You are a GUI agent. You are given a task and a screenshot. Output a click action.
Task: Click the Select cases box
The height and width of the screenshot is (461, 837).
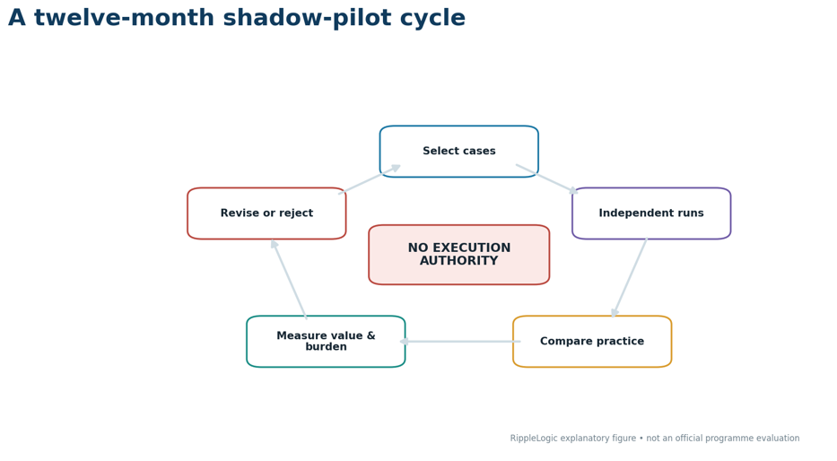click(459, 152)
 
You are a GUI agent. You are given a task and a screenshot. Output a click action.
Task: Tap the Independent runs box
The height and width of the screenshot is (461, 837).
click(651, 213)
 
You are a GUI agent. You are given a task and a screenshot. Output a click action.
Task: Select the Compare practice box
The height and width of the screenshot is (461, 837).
click(592, 342)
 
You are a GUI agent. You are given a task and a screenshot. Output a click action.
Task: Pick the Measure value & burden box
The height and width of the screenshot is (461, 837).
click(326, 342)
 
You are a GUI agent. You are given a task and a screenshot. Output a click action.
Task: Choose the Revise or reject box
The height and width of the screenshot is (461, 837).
click(266, 213)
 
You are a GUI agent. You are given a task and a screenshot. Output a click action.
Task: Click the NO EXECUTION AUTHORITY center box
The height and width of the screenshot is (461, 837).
click(459, 255)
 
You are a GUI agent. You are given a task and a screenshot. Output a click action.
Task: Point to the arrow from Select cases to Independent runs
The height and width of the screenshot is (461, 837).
click(547, 178)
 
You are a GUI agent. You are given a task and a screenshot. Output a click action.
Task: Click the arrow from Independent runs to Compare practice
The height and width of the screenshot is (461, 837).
click(630, 278)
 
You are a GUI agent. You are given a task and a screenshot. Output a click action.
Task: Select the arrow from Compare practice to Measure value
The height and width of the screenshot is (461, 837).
click(459, 342)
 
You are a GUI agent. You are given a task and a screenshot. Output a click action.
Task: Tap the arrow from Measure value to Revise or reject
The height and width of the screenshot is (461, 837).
click(289, 279)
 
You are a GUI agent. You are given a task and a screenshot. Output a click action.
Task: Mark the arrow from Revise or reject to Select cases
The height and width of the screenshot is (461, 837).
click(370, 179)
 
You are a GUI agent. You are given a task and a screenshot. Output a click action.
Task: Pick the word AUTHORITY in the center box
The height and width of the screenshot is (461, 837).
click(459, 261)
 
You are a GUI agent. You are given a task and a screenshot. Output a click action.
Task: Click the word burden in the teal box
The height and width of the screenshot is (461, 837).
click(326, 347)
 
